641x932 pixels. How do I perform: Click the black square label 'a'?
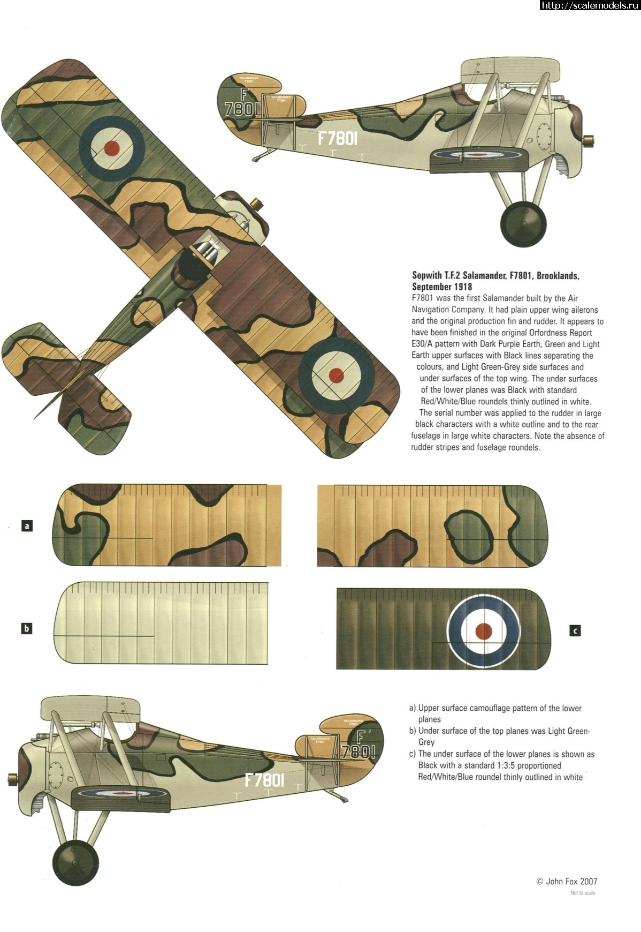point(27,525)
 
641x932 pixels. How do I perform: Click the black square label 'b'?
point(27,628)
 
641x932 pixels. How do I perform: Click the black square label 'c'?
point(575,630)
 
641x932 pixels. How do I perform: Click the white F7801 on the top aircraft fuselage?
point(337,138)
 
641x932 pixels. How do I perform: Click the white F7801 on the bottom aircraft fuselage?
point(264,779)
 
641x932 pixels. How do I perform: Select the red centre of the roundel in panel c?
point(484,631)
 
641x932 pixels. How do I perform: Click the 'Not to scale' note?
point(582,892)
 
